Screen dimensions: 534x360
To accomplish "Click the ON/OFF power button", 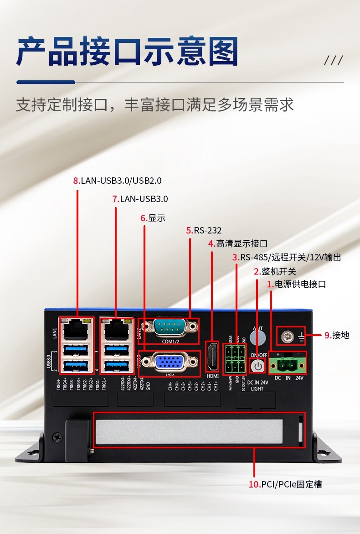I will coord(258,365).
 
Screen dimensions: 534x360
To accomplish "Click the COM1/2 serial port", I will coord(168,327).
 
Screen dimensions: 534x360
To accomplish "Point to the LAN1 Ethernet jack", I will coord(76,328).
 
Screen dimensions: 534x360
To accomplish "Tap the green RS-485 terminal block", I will coord(235,358).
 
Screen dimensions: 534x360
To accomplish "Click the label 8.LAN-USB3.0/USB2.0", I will coord(117,181).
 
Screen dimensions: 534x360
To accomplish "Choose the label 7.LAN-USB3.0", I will coord(140,199).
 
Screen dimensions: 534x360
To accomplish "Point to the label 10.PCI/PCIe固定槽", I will coord(285,484).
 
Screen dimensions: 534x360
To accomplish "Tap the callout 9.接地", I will coord(337,335).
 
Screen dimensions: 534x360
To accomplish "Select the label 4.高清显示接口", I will coord(237,244).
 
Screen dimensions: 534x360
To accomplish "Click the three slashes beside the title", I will coord(333,61).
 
